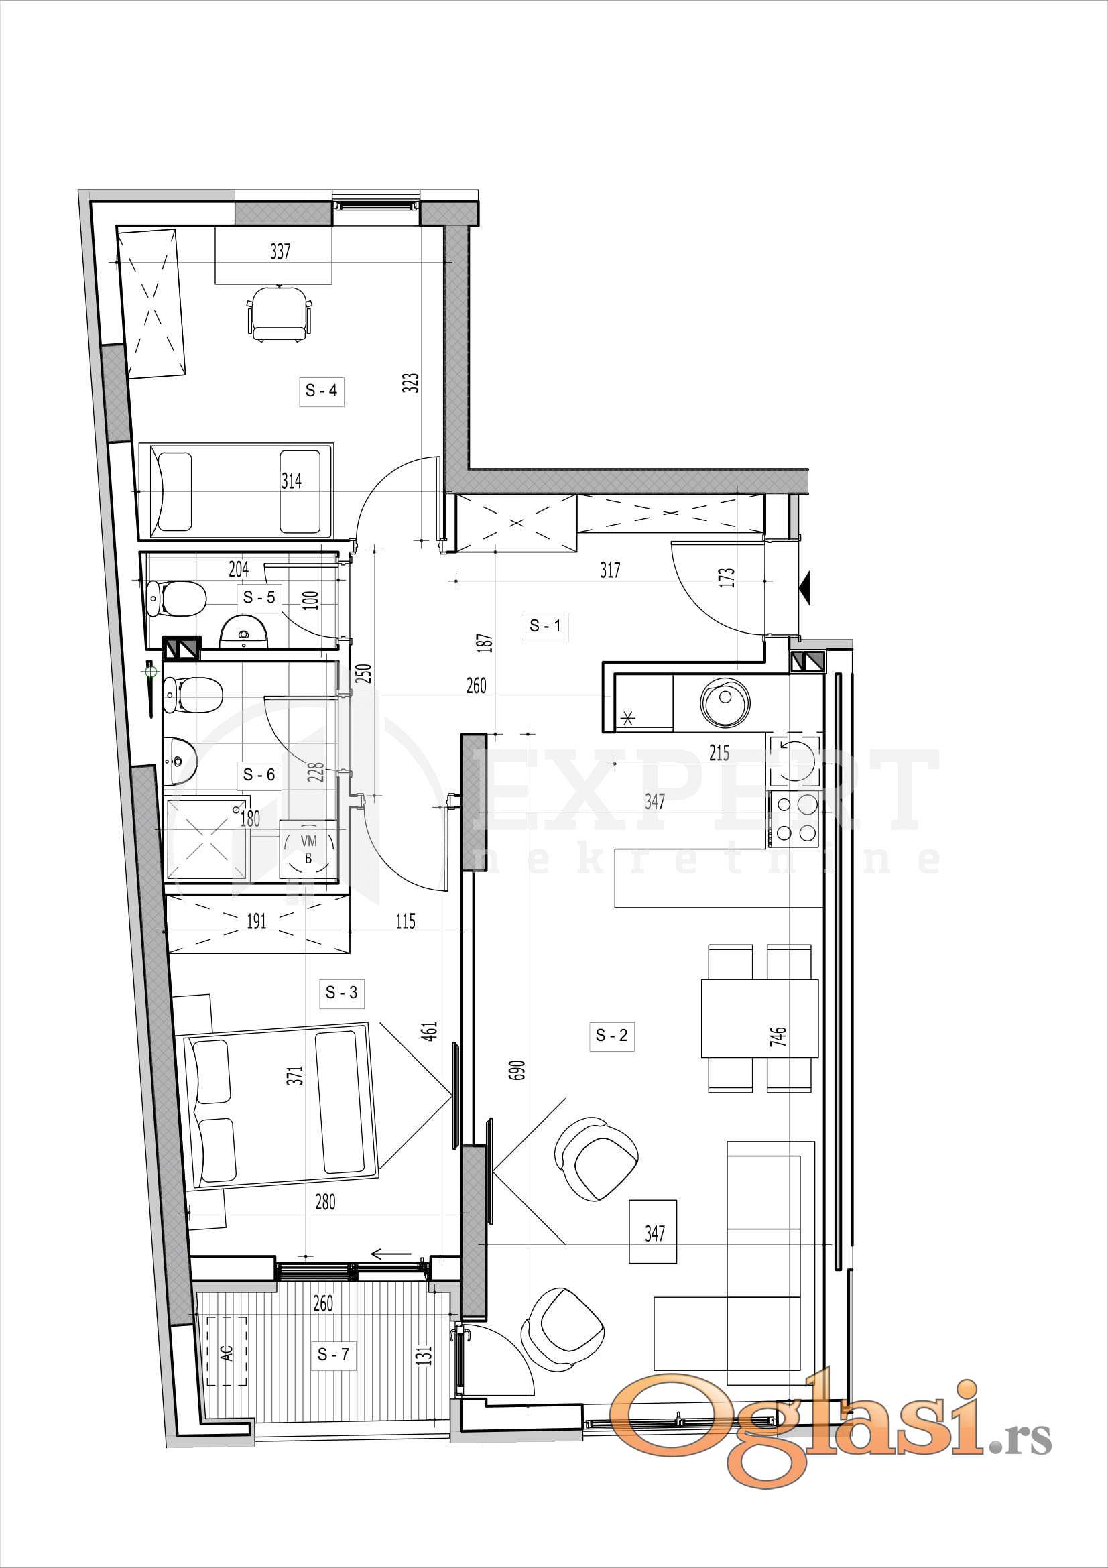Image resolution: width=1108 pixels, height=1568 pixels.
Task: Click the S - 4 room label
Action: click(321, 391)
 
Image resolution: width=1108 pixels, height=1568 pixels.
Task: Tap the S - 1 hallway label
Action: click(545, 625)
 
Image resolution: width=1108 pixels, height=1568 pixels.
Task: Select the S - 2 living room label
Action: click(611, 1035)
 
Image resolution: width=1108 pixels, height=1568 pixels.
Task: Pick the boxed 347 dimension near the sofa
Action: click(654, 1233)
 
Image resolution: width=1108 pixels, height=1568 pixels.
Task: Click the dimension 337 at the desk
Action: click(280, 251)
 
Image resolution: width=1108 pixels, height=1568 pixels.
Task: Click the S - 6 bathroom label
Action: click(259, 774)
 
